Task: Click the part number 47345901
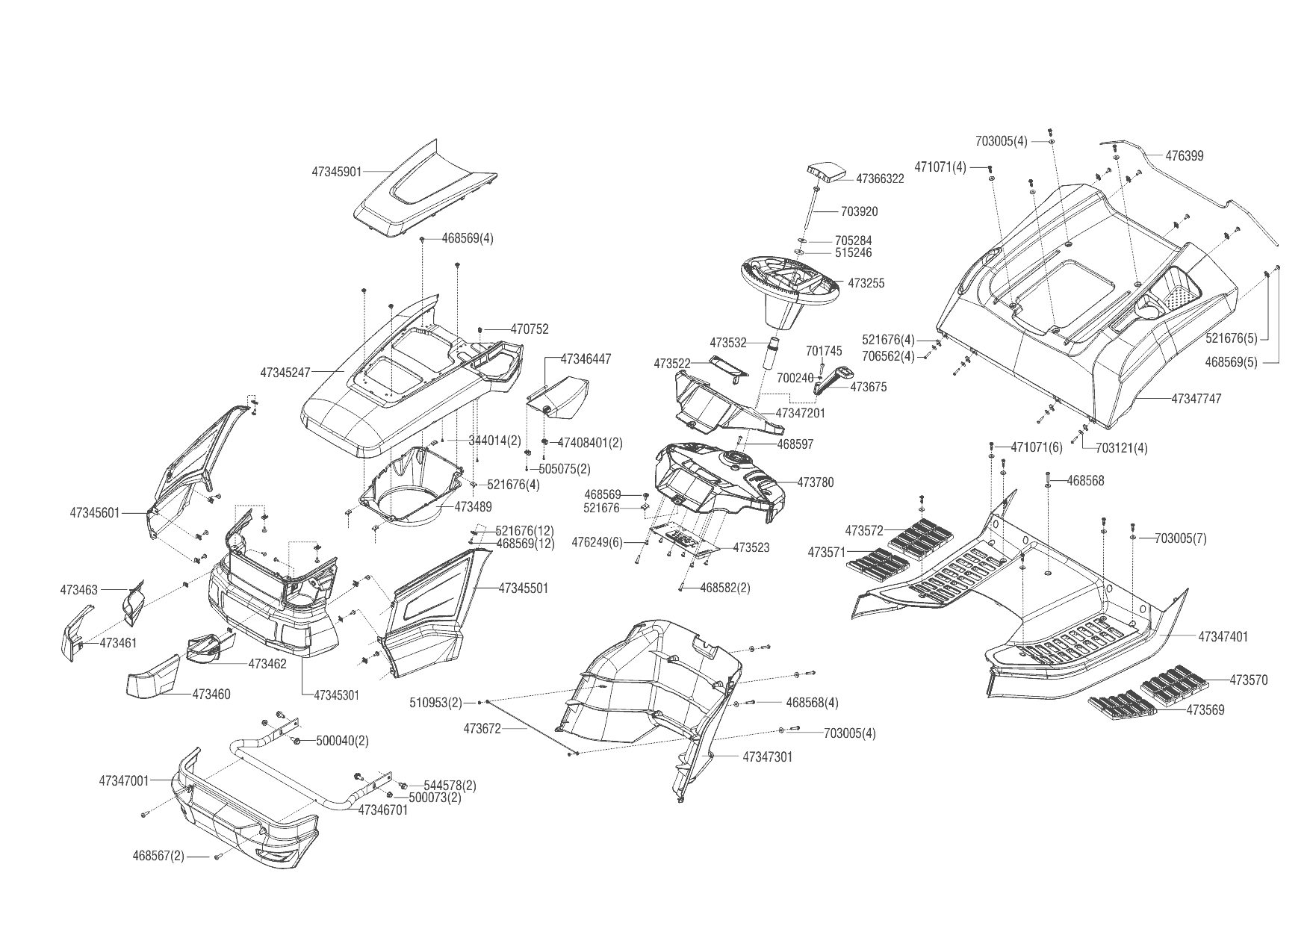336,172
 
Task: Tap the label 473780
816,482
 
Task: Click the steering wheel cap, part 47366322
825,173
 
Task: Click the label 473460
211,694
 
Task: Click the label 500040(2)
342,741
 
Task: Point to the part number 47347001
124,781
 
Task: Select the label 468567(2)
158,856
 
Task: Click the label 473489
474,506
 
